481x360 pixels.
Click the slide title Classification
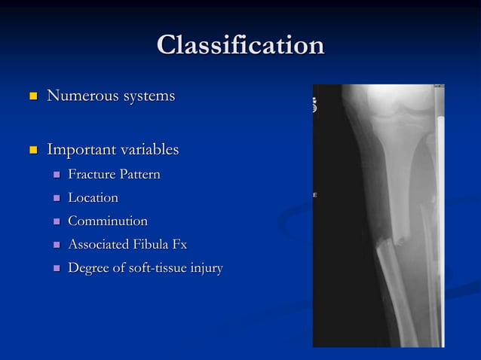[x=240, y=45]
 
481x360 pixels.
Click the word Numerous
[x=78, y=96]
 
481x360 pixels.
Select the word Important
[x=79, y=150]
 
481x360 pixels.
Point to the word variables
[x=148, y=150]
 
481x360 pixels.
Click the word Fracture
[x=92, y=175]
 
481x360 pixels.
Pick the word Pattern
[x=140, y=175]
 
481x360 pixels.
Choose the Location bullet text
[x=93, y=198]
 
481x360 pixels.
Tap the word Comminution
[x=107, y=221]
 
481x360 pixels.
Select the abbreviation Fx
[x=179, y=245]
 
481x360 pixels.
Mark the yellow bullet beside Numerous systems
[x=31, y=97]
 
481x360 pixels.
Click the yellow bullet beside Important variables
[x=31, y=151]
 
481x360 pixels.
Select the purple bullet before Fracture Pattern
[x=56, y=175]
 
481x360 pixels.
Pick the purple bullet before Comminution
[x=56, y=222]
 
